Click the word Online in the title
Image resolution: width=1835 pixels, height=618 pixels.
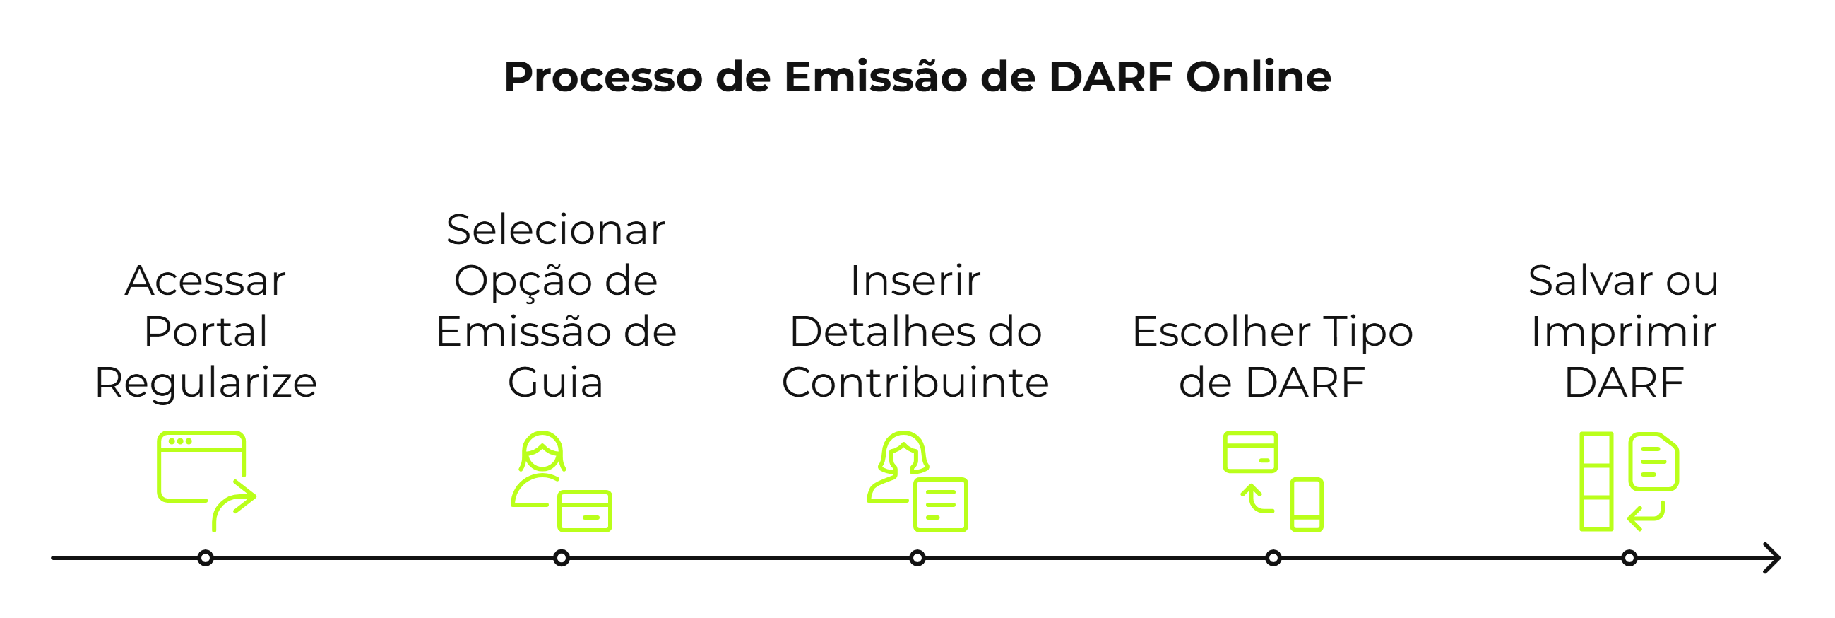(1258, 76)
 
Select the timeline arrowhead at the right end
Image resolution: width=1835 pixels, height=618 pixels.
(1772, 558)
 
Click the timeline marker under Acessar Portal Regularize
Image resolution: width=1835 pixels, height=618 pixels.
(205, 558)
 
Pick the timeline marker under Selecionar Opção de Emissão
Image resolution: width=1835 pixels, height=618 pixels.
(562, 558)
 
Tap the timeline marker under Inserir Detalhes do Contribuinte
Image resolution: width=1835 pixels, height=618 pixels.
(918, 558)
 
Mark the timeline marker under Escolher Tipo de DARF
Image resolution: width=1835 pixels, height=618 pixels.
(1273, 558)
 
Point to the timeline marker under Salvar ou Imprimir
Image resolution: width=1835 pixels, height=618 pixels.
(1629, 558)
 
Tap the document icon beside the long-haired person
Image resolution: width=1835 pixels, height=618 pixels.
(940, 505)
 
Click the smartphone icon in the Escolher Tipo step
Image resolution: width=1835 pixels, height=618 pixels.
(1307, 505)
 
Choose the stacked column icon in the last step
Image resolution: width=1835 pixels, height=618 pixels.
(1596, 481)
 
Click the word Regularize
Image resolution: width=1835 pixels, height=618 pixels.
(206, 383)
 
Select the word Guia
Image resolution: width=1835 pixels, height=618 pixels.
(556, 383)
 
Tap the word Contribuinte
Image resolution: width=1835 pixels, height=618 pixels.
(915, 383)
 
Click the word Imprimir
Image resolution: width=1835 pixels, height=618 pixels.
(1623, 332)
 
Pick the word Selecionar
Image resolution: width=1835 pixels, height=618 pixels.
(556, 230)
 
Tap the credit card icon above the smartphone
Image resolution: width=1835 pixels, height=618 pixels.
(1250, 452)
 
